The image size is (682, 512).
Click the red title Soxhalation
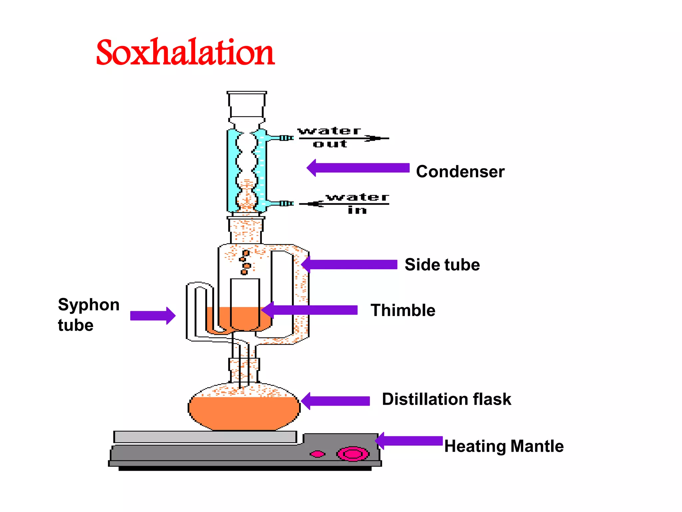pos(185,52)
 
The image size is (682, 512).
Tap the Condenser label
pos(460,172)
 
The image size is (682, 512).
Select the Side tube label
pos(442,265)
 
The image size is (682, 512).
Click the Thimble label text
pos(403,310)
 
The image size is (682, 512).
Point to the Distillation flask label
pos(446,399)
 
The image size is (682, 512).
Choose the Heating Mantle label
pos(504,446)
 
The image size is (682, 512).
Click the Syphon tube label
pos(88,315)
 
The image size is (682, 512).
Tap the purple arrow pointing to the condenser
pos(358,168)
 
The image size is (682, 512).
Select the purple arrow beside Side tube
pos(349,265)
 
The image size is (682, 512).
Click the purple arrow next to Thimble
pos(310,310)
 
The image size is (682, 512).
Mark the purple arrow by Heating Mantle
pos(409,441)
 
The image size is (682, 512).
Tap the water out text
pos(330,137)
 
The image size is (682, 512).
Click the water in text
pos(357,203)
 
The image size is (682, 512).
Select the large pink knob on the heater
pos(353,454)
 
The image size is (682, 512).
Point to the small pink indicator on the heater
pos(317,454)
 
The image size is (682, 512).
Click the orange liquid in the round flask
pos(244,413)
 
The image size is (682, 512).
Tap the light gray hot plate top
pos(205,437)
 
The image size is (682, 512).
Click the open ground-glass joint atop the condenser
pos(247,104)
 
